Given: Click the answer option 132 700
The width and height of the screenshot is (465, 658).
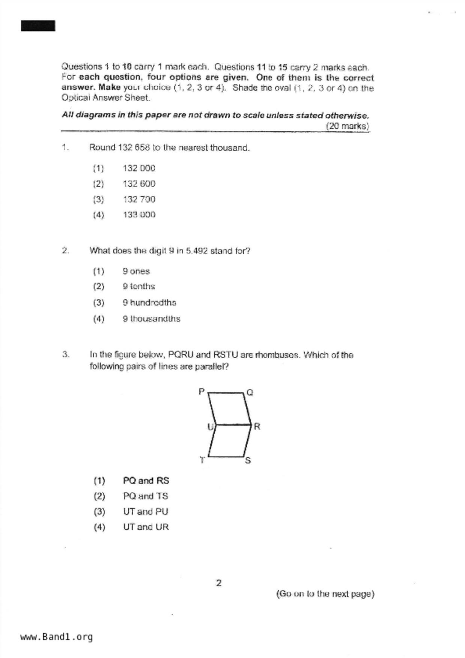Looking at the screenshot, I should pyautogui.click(x=139, y=199).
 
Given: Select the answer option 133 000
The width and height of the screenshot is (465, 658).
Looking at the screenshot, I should pyautogui.click(x=139, y=215).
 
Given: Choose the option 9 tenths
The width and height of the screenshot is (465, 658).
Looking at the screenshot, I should pyautogui.click(x=138, y=286).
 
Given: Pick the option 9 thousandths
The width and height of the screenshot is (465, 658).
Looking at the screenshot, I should pyautogui.click(x=151, y=319).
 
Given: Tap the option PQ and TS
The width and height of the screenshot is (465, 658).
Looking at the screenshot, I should pyautogui.click(x=146, y=496).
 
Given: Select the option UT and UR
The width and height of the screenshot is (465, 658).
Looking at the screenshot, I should pyautogui.click(x=146, y=527).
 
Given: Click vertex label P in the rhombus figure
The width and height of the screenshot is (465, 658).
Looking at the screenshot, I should pyautogui.click(x=202, y=392).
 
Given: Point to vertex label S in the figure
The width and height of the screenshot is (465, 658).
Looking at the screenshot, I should pyautogui.click(x=248, y=460).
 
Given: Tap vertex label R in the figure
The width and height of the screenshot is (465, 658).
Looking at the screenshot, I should pyautogui.click(x=257, y=427).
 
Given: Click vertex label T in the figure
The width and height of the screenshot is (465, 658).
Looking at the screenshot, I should pyautogui.click(x=202, y=460).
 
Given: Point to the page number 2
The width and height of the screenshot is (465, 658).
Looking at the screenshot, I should pyautogui.click(x=219, y=583).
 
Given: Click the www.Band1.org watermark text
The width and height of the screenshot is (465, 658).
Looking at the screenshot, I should pyautogui.click(x=56, y=637).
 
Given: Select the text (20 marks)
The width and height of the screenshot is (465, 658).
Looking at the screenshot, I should pyautogui.click(x=347, y=126).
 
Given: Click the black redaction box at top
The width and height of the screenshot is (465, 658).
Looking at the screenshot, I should pyautogui.click(x=38, y=26).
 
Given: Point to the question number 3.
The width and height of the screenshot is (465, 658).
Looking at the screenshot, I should pyautogui.click(x=66, y=354).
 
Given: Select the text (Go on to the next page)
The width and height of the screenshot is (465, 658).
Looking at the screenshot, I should pyautogui.click(x=325, y=594).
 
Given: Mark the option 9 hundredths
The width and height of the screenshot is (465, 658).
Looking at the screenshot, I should pyautogui.click(x=149, y=302).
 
